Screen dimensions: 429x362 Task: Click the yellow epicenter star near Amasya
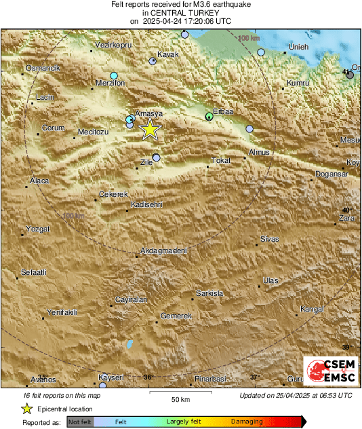coord(150,129)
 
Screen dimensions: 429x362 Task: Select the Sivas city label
coord(269,240)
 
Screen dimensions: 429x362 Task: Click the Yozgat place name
coord(37,229)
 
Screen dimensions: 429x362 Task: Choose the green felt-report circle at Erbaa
coord(209,117)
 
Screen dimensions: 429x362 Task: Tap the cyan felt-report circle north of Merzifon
coord(114,75)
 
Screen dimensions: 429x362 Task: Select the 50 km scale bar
coord(179,392)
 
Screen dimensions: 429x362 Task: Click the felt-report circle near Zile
coord(157,157)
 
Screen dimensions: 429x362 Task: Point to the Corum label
coord(53,128)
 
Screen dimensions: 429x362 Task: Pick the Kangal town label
coord(312,309)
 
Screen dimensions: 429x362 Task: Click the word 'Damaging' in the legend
coord(247,422)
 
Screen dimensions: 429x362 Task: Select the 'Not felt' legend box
coord(79,422)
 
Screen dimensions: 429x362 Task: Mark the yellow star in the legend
coord(27,409)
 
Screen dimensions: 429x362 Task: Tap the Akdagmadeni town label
coord(163,250)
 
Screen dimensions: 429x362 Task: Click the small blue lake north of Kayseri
coord(129,344)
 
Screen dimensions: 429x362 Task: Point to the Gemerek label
coord(176,316)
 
